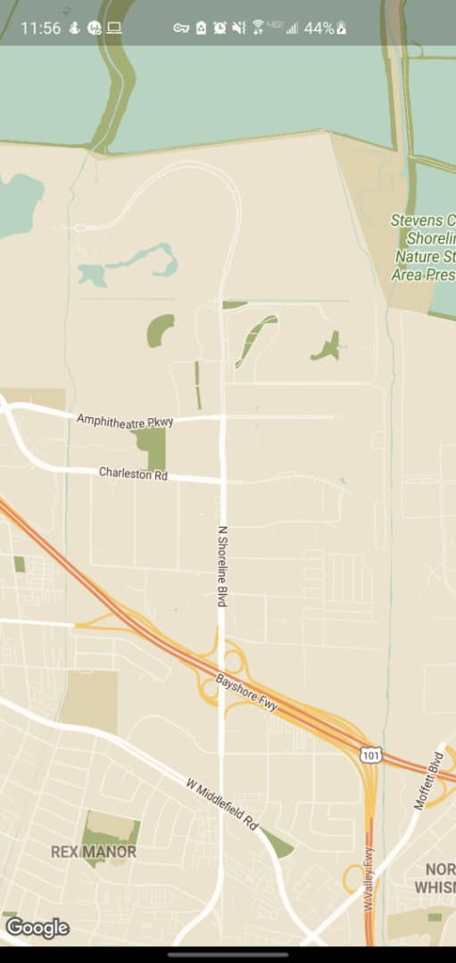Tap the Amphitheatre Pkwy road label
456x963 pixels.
click(x=124, y=420)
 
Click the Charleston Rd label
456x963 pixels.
click(x=133, y=473)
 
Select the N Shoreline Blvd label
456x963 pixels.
click(x=222, y=567)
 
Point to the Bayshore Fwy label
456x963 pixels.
click(x=247, y=693)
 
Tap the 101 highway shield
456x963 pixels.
click(x=371, y=754)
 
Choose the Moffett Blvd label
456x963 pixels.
click(x=428, y=781)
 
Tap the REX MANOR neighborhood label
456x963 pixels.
click(x=94, y=852)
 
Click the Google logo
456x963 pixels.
click(x=37, y=928)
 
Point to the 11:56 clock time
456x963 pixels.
click(x=40, y=28)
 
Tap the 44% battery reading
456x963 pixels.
click(x=319, y=28)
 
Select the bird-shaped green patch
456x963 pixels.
click(x=327, y=347)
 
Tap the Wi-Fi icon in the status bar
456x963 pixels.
click(x=258, y=28)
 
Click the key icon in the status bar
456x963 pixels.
click(x=181, y=28)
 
